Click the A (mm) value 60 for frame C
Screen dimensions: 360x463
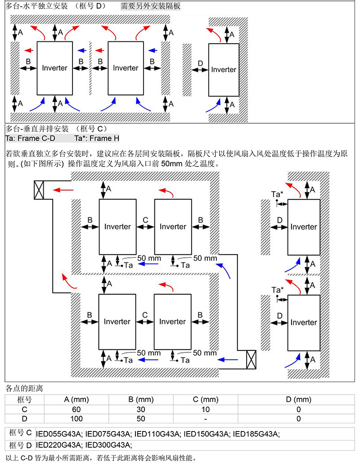76,409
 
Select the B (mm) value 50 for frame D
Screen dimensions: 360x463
141,419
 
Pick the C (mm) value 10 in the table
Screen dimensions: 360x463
206,409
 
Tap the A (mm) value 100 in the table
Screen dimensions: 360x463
76,419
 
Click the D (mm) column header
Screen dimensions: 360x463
298,400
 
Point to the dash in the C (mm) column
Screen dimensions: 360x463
206,419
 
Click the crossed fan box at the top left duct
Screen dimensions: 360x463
39,190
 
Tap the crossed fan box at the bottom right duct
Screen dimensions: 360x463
251,360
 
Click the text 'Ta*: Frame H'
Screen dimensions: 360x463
97,138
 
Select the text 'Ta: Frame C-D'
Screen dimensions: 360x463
30,138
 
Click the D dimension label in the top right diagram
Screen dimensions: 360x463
201,63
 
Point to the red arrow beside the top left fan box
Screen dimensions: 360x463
63,190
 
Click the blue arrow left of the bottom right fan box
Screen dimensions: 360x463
227,360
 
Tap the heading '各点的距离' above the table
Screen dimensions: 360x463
24,388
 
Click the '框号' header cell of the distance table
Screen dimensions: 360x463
24,400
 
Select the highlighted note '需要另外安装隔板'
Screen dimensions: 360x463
150,6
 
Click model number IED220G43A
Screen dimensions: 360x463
58,445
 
